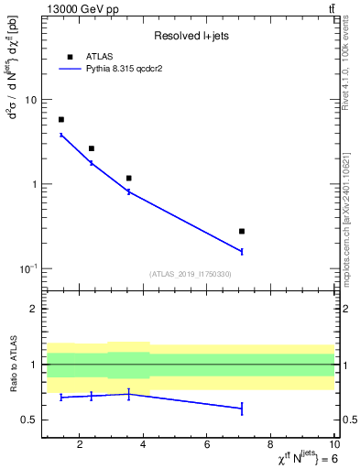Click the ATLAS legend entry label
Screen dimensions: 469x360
point(99,56)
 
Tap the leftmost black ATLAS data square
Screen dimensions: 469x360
point(61,120)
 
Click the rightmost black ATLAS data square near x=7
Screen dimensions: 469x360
point(242,232)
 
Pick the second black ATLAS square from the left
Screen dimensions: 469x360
point(92,148)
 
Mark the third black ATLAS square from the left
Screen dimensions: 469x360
point(129,178)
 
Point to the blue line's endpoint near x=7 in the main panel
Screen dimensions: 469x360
point(242,251)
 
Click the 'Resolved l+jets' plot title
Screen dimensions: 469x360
point(190,36)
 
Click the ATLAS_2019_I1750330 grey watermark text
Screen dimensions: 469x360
point(190,274)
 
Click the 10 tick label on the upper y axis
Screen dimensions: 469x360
point(30,100)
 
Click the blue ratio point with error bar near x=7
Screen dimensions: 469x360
point(242,408)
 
